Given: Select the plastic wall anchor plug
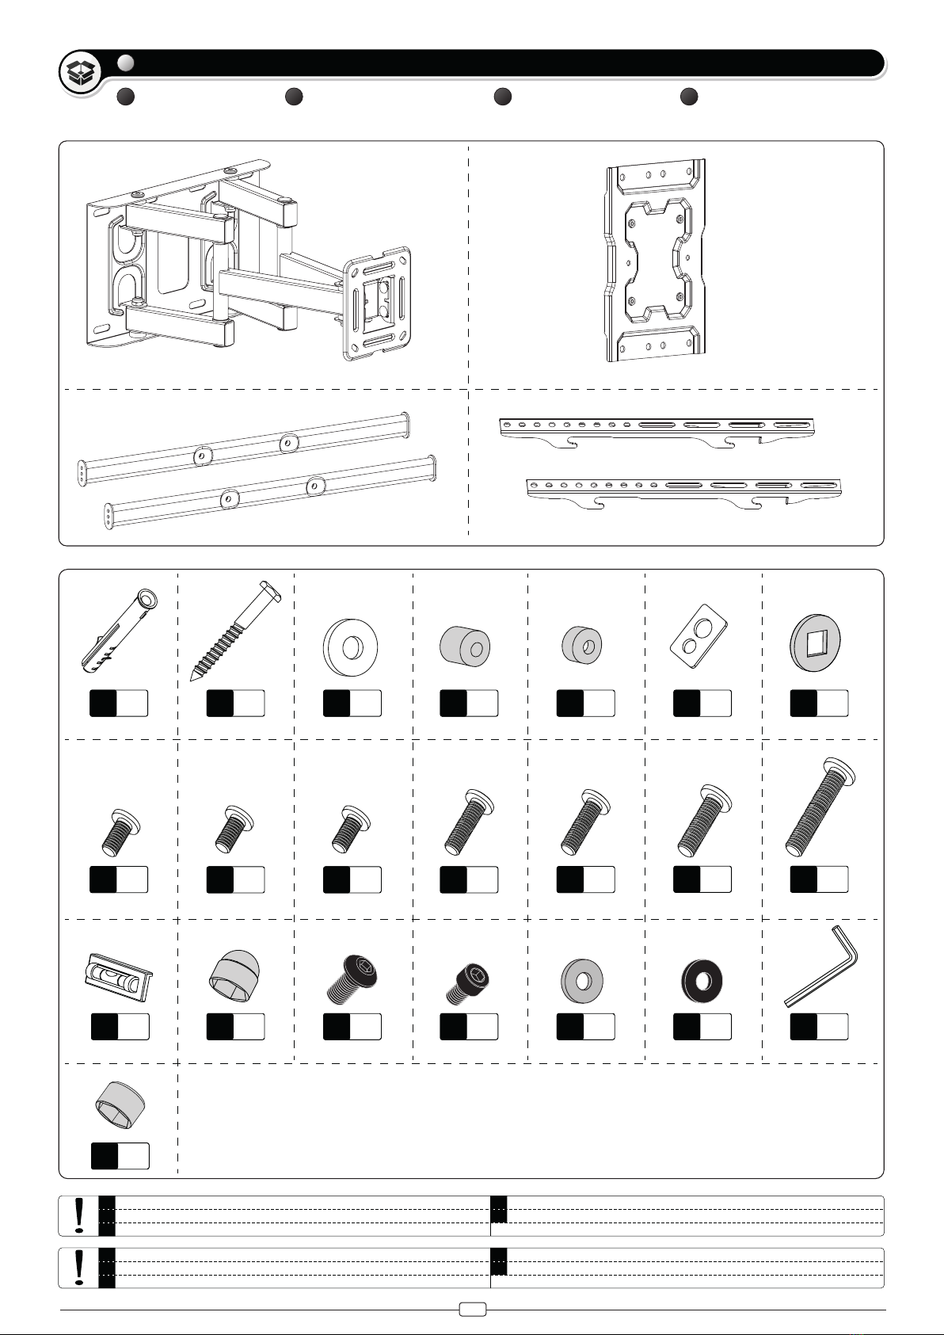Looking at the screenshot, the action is [120, 630].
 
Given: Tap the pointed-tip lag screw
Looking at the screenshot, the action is [234, 630].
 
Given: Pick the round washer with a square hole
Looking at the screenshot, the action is [816, 643].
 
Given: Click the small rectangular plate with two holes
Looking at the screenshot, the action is [701, 643].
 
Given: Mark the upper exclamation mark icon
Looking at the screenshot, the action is [79, 1215].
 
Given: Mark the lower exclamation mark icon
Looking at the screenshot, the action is [79, 1268].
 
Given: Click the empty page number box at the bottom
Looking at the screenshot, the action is [473, 1310].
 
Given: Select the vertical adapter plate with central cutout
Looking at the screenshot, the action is [654, 261].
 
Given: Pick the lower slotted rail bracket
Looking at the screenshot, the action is [683, 491].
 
